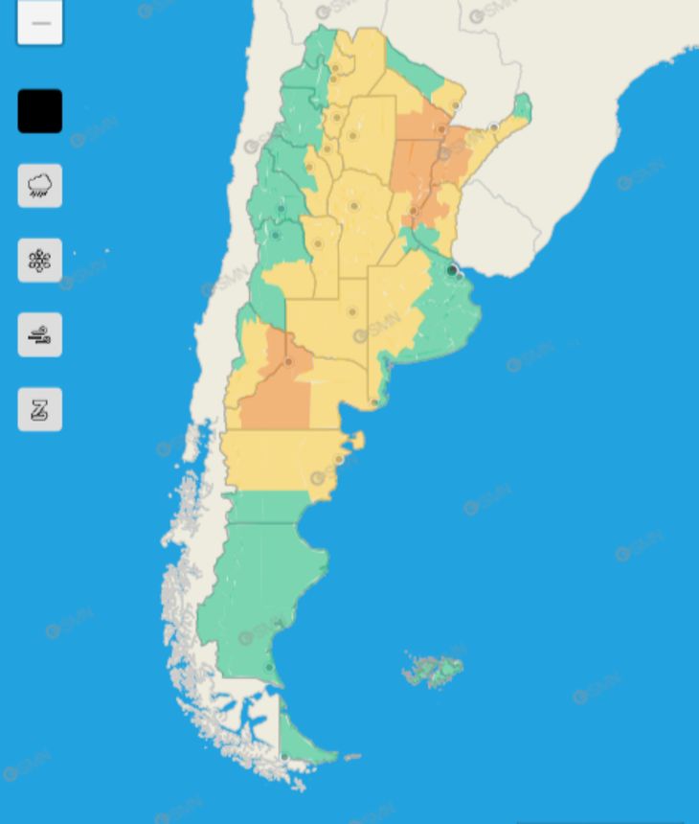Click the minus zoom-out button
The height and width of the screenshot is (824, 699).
click(x=40, y=23)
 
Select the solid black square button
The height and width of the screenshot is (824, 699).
click(x=40, y=111)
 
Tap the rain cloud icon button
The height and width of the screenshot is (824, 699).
click(x=40, y=185)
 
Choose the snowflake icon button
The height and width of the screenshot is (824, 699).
click(x=40, y=260)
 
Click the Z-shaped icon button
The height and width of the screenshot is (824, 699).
click(x=40, y=409)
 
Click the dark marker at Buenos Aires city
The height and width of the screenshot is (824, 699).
click(x=452, y=271)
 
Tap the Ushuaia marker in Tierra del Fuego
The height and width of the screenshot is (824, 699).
click(x=284, y=757)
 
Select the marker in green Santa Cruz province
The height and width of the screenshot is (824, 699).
click(x=269, y=668)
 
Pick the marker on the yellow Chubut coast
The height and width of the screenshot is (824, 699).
click(x=338, y=460)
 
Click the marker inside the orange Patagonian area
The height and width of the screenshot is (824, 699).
click(x=288, y=362)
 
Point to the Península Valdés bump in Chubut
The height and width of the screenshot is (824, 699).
click(x=356, y=441)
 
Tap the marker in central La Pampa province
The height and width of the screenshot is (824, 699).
click(x=352, y=311)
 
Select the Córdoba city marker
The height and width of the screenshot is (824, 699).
click(x=353, y=206)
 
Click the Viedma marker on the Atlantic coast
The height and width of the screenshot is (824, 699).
click(x=374, y=402)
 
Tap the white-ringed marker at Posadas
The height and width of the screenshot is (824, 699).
click(x=494, y=126)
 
